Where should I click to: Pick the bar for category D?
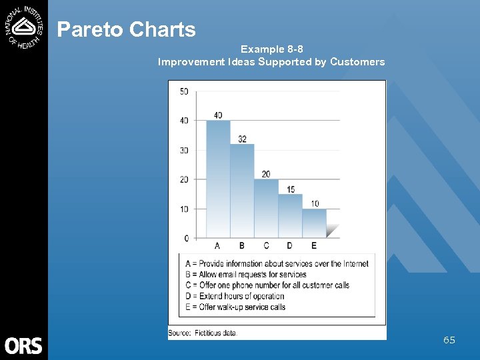(x=290, y=215)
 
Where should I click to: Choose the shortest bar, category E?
(x=314, y=223)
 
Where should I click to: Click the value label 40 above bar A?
(x=218, y=115)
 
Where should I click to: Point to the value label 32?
(x=242, y=139)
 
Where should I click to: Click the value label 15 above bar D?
(x=290, y=189)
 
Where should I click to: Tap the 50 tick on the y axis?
(x=184, y=91)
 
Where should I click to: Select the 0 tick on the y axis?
(x=186, y=238)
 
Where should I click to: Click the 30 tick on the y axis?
(x=184, y=150)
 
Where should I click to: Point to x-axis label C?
(x=266, y=246)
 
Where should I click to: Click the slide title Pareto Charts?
(x=126, y=29)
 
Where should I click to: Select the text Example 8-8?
(x=271, y=49)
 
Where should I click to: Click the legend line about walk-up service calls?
(x=235, y=307)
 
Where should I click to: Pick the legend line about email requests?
(x=245, y=275)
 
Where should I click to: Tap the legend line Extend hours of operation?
(x=235, y=296)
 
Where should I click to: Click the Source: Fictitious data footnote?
(x=203, y=333)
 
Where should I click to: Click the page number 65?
(x=449, y=340)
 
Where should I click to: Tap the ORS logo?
(x=23, y=345)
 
